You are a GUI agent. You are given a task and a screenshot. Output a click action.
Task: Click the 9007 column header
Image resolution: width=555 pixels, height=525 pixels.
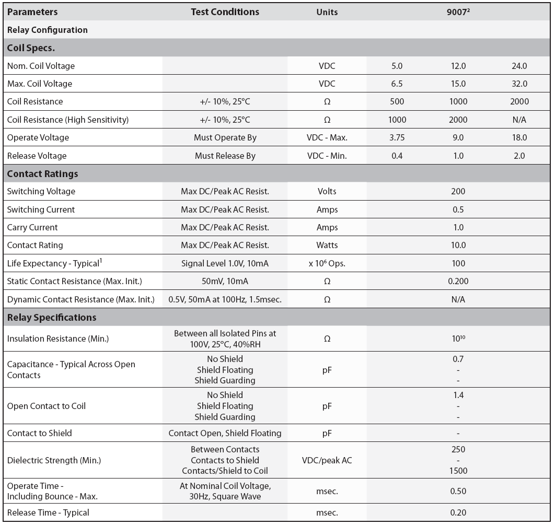[458, 11]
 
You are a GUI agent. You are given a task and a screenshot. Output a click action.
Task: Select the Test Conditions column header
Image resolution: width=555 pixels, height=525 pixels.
[225, 11]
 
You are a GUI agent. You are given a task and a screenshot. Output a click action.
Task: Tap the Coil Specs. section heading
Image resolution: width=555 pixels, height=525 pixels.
[31, 48]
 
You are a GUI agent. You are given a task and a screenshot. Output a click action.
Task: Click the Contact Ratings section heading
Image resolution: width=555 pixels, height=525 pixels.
[43, 173]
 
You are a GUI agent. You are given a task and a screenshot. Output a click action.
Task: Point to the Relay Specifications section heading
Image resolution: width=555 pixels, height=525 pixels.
[52, 317]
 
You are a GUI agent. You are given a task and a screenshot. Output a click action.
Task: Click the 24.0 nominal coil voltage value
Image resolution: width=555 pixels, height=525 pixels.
[519, 66]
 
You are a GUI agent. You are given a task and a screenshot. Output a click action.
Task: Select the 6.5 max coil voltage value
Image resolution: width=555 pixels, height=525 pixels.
[397, 84]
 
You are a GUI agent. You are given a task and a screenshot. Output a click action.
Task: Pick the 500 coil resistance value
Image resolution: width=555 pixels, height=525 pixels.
[397, 101]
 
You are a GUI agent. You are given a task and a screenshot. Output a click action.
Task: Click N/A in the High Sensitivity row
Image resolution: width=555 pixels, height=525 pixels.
[519, 120]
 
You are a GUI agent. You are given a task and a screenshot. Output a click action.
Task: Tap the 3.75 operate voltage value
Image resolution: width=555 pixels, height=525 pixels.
[397, 137]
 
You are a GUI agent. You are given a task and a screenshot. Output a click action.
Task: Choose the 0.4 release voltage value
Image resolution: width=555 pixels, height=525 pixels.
[397, 156]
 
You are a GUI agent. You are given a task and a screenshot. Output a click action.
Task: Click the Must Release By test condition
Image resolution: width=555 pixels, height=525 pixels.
[225, 156]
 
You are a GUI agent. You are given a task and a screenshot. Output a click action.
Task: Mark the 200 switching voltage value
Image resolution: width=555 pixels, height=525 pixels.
[458, 191]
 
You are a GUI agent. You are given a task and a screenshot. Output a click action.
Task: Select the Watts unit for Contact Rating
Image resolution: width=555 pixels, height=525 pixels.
[327, 245]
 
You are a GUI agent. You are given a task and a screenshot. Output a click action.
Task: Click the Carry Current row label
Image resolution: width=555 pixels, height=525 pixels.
[32, 227]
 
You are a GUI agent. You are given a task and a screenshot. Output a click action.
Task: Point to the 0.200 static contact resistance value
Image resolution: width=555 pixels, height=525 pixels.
[458, 281]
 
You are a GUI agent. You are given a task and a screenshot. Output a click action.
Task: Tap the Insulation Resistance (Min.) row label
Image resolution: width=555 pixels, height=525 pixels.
[58, 339]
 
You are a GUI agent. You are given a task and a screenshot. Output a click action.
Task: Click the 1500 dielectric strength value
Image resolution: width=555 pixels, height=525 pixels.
[458, 471]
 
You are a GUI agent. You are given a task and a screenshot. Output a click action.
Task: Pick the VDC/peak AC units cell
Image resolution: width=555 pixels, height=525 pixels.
[327, 460]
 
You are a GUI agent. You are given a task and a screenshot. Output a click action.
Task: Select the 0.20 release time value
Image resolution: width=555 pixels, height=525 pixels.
[458, 512]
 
